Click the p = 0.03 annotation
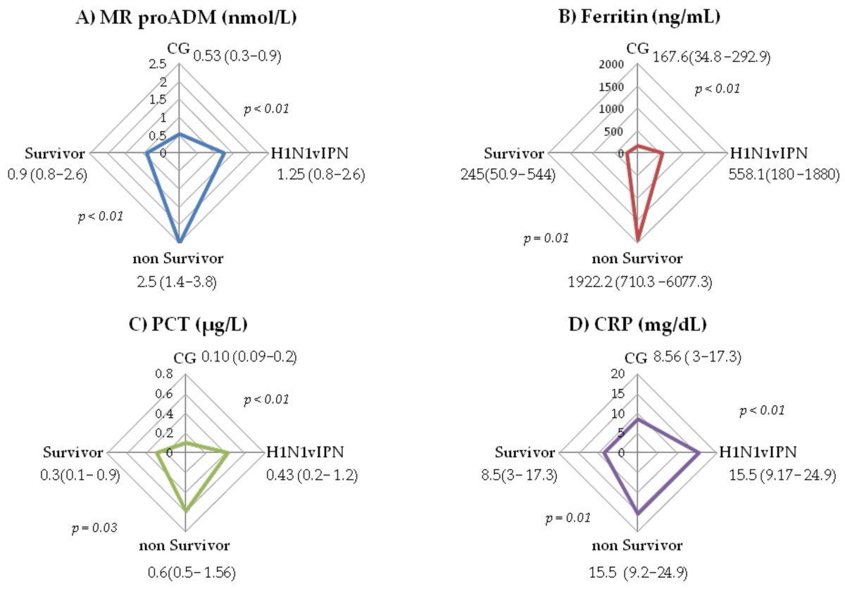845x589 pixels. click(x=96, y=527)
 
